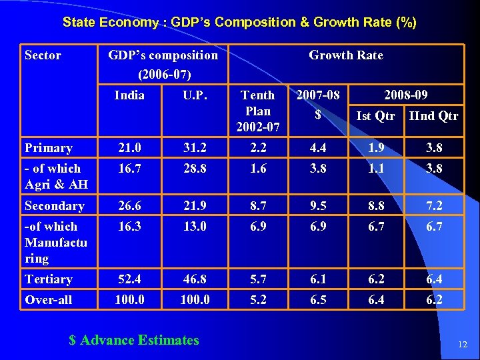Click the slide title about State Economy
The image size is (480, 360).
[239, 22]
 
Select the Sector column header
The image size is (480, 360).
[43, 55]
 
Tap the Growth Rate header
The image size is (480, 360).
[345, 55]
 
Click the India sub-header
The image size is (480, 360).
[129, 95]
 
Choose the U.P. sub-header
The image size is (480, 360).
[195, 95]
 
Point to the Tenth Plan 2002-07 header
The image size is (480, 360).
[257, 111]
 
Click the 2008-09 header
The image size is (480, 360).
[407, 95]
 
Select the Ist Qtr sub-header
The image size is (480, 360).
[375, 116]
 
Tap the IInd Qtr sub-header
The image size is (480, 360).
[433, 116]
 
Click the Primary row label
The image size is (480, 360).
[48, 148]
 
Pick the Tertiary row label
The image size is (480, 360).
[48, 279]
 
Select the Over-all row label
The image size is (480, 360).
[48, 300]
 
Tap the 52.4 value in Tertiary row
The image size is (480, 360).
[129, 279]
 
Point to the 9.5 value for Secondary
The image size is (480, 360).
[318, 206]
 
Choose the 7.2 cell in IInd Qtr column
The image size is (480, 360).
[434, 206]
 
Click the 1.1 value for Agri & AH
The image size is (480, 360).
[375, 169]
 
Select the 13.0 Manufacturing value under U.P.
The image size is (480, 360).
[195, 227]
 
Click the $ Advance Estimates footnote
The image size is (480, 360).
[134, 340]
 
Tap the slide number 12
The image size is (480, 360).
[463, 344]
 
